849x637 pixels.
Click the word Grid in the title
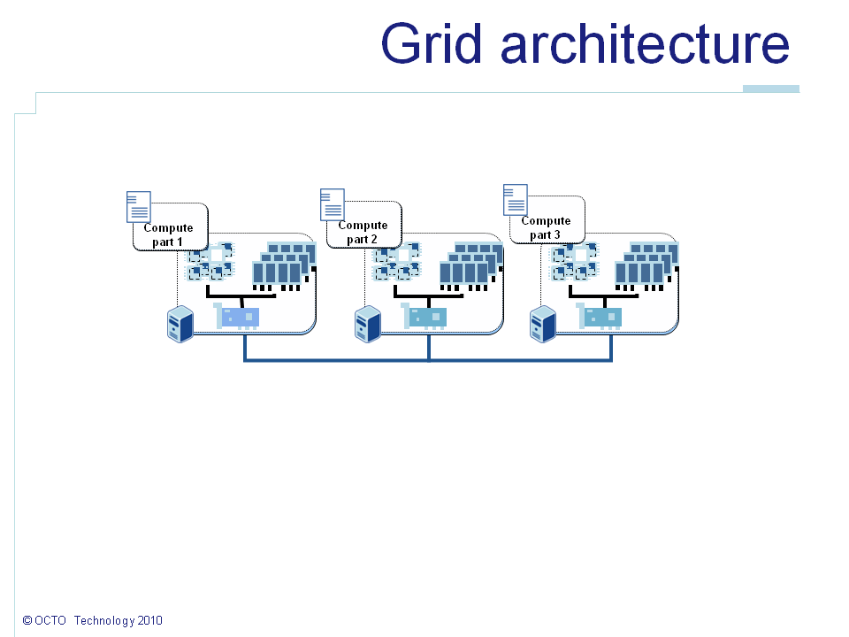pos(432,44)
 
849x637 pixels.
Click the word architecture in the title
pos(645,44)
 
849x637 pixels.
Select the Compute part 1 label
pos(168,234)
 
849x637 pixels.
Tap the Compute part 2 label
pos(363,232)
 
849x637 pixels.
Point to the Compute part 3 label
pos(546,227)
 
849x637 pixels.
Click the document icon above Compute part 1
pos(138,206)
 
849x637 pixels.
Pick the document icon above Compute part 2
pos(332,203)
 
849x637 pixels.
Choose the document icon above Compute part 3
pos(515,199)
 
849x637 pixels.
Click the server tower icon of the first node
pos(180,325)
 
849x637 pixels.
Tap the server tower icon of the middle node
pos(367,325)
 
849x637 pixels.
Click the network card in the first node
pos(237,316)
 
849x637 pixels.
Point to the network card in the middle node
pos(424,316)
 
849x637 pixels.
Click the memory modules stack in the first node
pos(284,265)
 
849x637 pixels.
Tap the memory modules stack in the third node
pos(648,265)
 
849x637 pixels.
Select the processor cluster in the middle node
pos(397,263)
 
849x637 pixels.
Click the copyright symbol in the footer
pos(27,621)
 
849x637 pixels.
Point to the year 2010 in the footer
pos(150,621)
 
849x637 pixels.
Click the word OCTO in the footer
pos(51,621)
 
